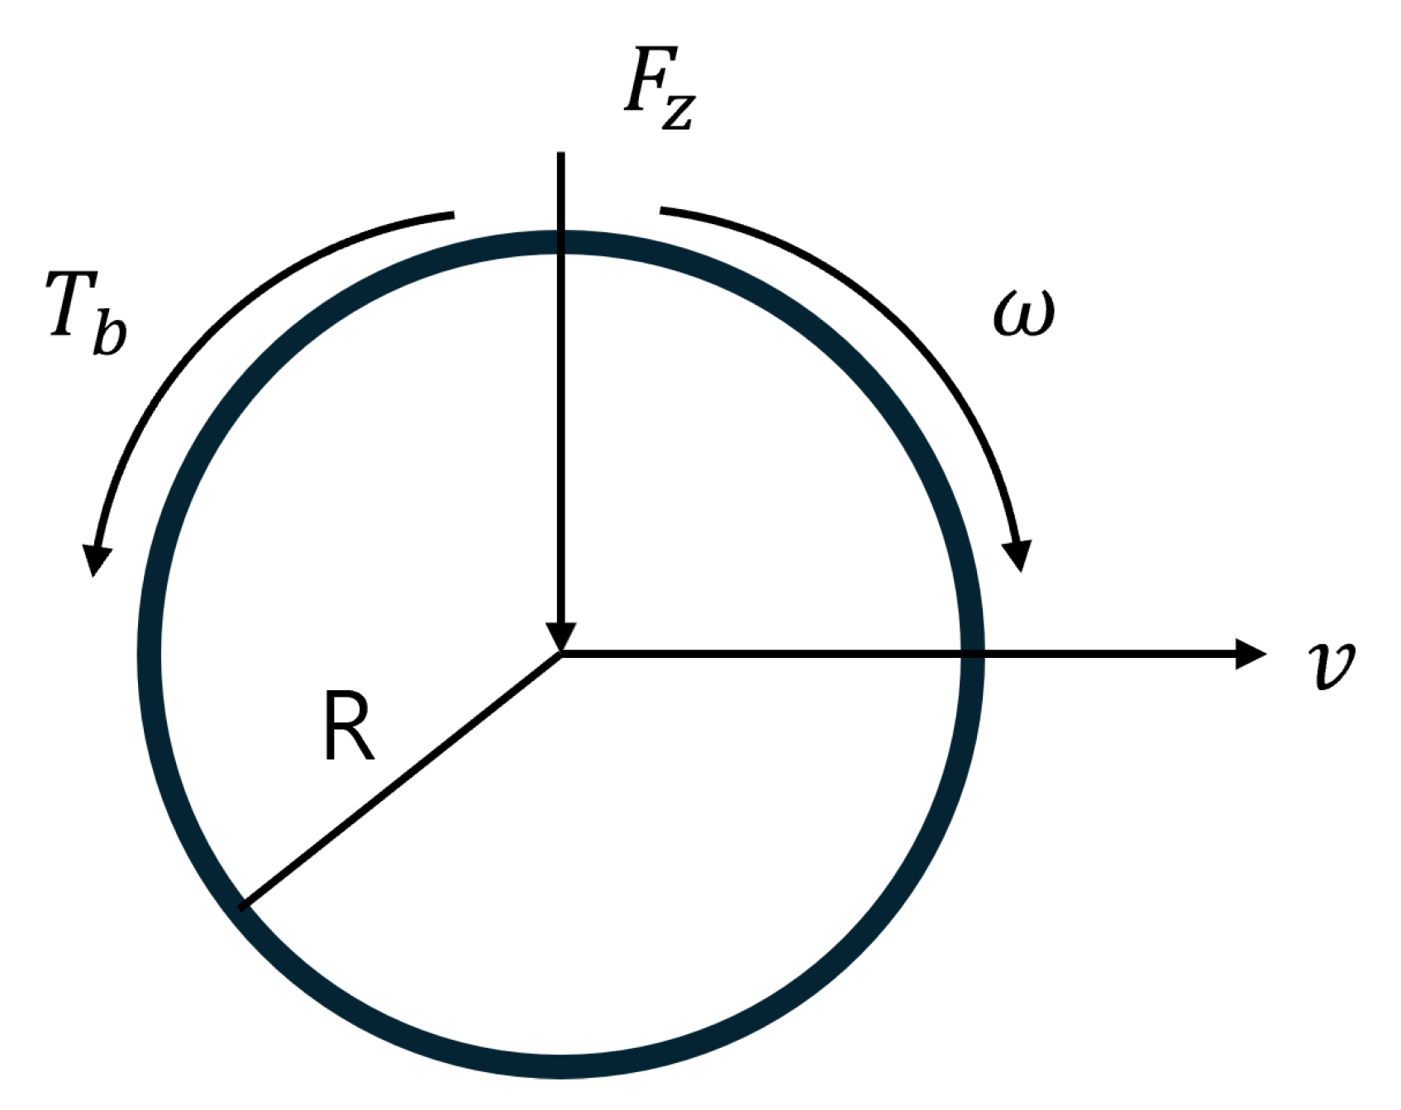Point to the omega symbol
pos(1023,314)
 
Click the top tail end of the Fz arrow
pos(561,154)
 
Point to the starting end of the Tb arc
pos(453,216)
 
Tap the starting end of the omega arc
pos(661,211)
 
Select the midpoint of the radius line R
pos(403,779)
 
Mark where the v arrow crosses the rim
pos(971,654)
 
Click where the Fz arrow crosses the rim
pos(561,242)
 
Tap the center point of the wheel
pos(561,654)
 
